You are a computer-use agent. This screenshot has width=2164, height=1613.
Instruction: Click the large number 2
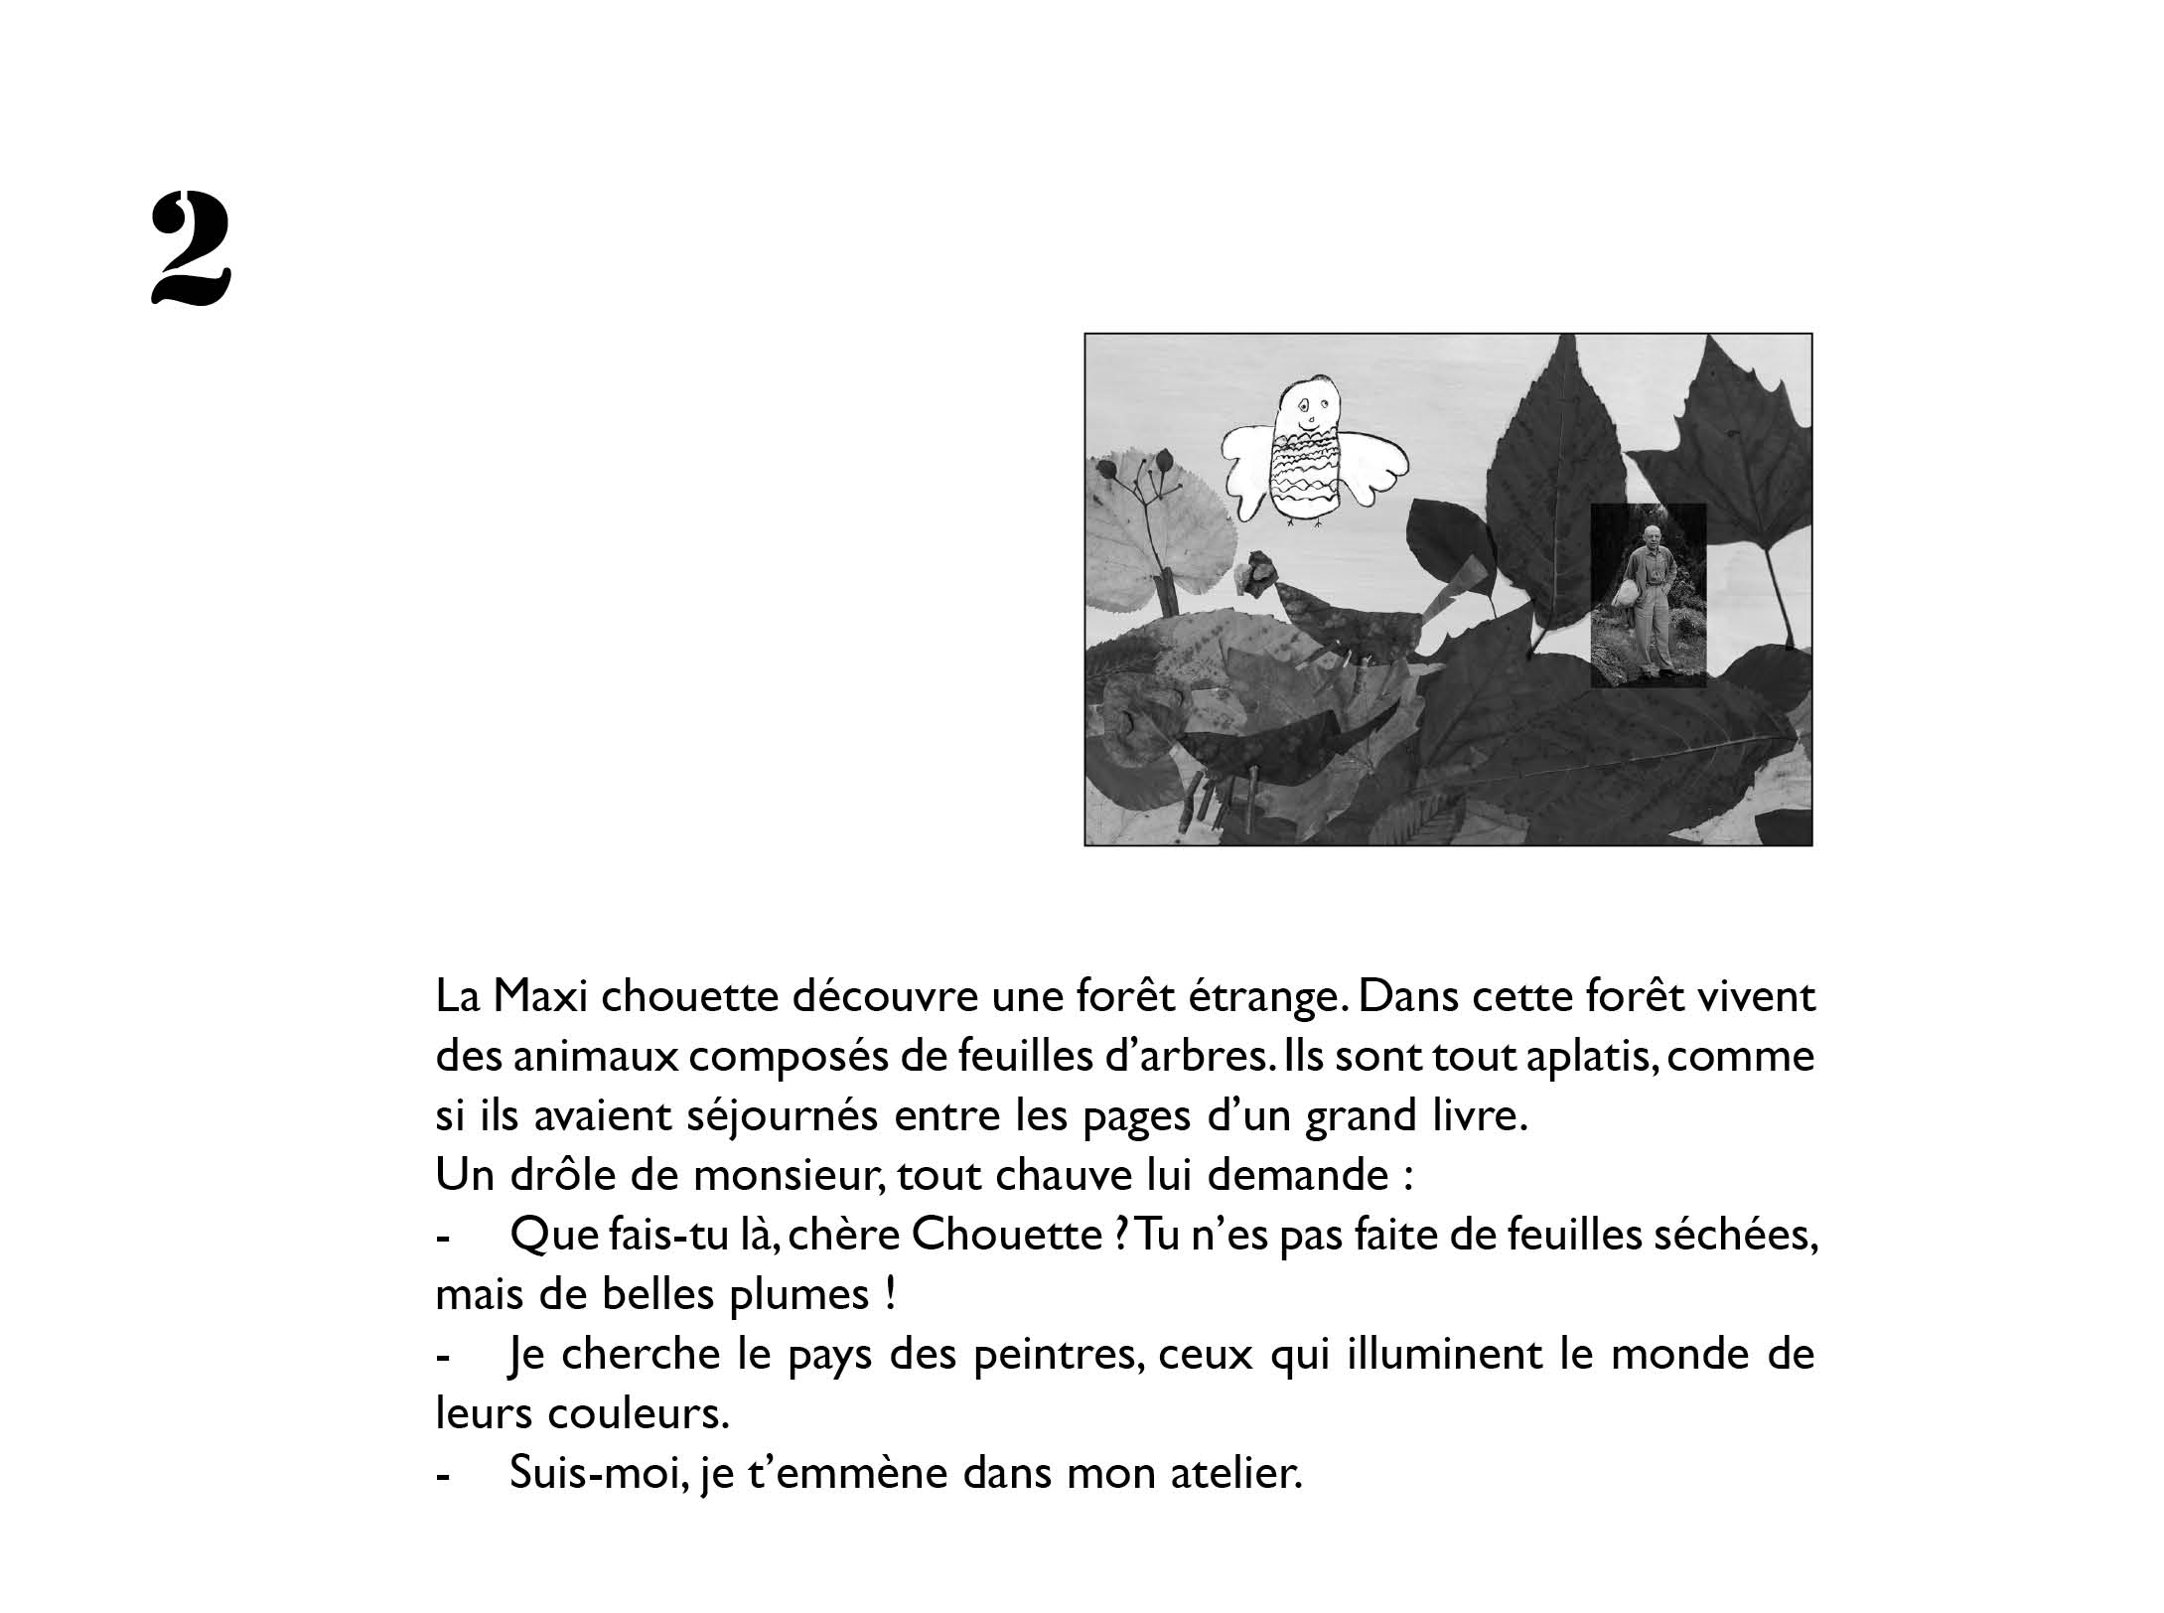pyautogui.click(x=191, y=248)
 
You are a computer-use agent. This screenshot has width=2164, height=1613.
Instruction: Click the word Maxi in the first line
pyautogui.click(x=537, y=996)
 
